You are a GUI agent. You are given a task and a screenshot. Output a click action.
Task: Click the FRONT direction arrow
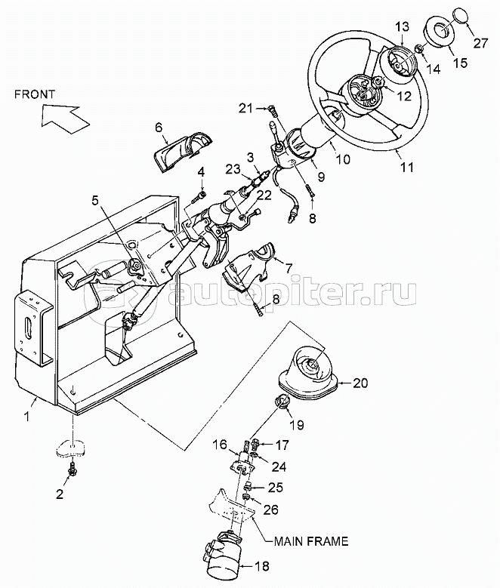[63, 117]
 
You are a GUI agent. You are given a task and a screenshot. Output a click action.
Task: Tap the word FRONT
[35, 94]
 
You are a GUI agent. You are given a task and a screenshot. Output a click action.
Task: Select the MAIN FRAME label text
[311, 541]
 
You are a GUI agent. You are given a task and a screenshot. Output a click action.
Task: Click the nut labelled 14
[420, 49]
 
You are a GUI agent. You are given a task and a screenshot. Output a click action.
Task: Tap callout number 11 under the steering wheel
[407, 167]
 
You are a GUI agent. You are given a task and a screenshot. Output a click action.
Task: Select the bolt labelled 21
[273, 112]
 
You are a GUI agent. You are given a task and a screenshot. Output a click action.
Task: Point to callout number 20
[360, 383]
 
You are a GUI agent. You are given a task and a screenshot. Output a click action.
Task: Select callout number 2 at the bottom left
[60, 494]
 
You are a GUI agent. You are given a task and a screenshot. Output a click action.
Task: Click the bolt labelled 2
[70, 469]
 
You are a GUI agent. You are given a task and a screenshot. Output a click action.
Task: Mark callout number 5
[96, 200]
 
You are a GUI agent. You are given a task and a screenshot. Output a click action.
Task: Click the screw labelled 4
[198, 196]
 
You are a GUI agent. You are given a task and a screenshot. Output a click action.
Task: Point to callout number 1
[26, 416]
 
